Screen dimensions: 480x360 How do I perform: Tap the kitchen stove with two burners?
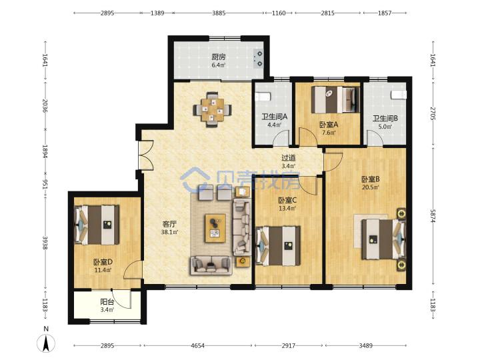click(x=259, y=59)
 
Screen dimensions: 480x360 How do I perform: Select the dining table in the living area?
click(x=212, y=110)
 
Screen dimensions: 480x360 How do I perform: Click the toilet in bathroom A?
click(x=263, y=97)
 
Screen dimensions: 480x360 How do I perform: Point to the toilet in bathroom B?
click(x=399, y=95)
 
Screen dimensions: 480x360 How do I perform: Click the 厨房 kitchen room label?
click(x=219, y=57)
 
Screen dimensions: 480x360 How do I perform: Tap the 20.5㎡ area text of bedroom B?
click(x=371, y=187)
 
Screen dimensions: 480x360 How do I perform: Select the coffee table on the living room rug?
click(x=215, y=228)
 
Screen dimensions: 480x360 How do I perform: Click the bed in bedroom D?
click(x=97, y=225)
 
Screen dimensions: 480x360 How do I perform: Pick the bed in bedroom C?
click(x=278, y=246)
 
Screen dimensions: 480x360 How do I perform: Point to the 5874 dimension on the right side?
click(x=433, y=216)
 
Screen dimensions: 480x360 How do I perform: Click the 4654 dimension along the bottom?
click(x=197, y=345)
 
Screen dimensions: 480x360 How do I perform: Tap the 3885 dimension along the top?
click(x=219, y=13)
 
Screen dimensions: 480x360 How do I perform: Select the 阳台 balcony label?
click(x=107, y=302)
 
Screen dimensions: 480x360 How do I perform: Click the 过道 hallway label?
click(x=289, y=158)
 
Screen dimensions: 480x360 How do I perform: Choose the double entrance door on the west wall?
click(x=146, y=155)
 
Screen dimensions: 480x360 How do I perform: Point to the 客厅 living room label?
click(x=169, y=225)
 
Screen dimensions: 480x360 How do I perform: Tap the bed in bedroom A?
click(x=335, y=100)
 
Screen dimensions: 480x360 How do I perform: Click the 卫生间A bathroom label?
click(x=275, y=117)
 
